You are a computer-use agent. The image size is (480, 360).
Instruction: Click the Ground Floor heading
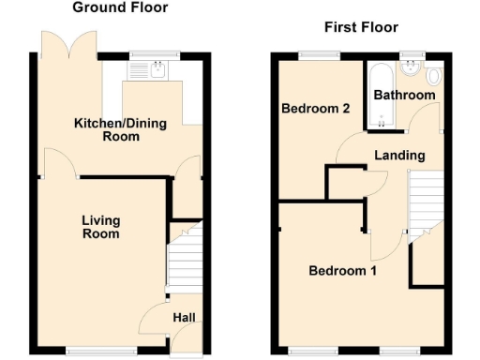click(121, 7)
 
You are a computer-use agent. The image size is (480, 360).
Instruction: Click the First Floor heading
click(361, 27)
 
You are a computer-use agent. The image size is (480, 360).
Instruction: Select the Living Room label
click(100, 227)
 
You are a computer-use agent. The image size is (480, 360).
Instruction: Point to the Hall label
click(184, 319)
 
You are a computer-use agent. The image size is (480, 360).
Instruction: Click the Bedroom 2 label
click(316, 109)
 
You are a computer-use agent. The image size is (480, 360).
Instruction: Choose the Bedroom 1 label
click(343, 271)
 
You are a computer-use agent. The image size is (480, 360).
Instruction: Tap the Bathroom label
click(404, 96)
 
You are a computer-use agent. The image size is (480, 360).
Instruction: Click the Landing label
click(399, 155)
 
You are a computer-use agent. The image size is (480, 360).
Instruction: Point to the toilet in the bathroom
click(434, 76)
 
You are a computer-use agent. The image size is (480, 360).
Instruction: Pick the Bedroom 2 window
click(316, 55)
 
